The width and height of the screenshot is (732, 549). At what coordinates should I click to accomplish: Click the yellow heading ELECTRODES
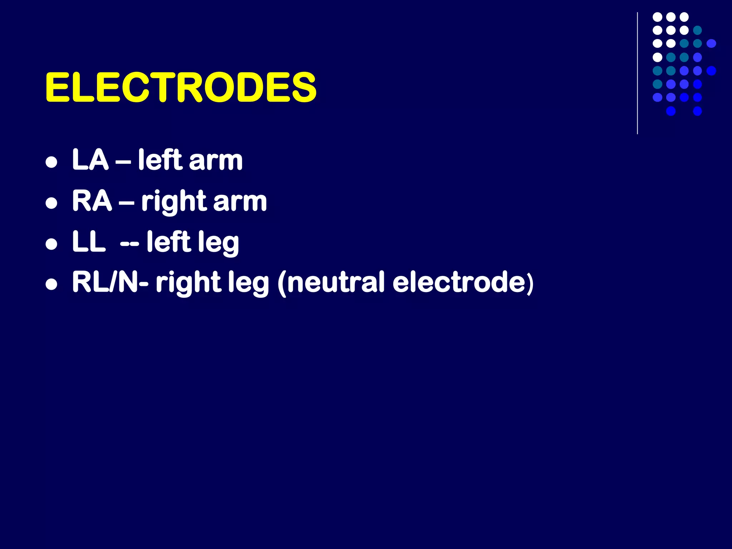point(180,87)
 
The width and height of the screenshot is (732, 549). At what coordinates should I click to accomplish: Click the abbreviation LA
point(90,160)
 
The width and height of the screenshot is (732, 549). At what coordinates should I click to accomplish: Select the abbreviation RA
point(92,201)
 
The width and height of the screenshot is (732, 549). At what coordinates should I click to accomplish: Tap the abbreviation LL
point(89,242)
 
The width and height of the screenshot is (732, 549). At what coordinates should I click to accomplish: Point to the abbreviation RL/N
point(105,282)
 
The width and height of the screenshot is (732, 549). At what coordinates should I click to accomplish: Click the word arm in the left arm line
point(216,160)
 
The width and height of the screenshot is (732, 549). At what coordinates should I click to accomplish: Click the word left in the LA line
point(160,160)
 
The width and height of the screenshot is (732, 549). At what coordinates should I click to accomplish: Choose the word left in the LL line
point(169,242)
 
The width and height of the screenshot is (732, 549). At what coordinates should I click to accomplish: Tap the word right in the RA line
point(174,202)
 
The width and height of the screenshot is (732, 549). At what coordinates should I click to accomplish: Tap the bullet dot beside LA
point(52,162)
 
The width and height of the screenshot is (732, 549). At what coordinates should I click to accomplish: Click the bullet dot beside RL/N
point(52,285)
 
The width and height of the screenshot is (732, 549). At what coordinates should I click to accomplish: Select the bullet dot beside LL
point(52,244)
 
